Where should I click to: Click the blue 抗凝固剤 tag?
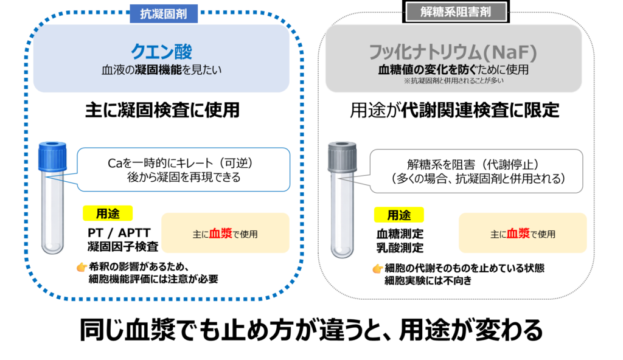coord(163,14)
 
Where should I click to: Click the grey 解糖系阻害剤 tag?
coord(456,12)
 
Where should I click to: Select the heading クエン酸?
coord(161,52)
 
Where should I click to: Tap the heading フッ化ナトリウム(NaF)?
coord(453,52)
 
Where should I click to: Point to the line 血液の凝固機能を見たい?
coord(161,71)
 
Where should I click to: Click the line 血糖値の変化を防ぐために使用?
coord(453,71)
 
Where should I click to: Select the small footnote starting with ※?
coord(453,81)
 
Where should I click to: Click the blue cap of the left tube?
coord(52,156)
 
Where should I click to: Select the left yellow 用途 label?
coord(107,213)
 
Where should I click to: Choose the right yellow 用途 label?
coord(399,215)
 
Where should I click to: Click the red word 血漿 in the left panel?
coord(221,234)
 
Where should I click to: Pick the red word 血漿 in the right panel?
coord(518,234)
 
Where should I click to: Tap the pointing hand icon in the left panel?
coord(82,267)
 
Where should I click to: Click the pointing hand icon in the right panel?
coord(378,269)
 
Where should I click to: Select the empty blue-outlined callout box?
coord(183,170)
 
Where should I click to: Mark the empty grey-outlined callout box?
coord(476,171)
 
